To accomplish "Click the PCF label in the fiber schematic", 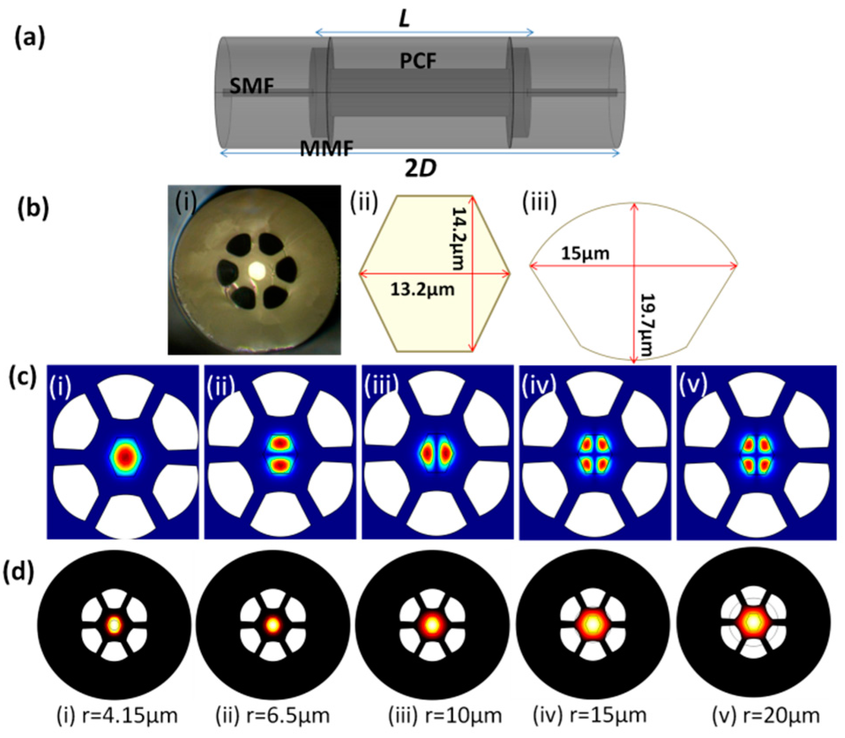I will point(417,61).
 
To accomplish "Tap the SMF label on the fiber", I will point(251,86).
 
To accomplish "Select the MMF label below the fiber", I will point(326,148).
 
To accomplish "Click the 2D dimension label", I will point(421,168).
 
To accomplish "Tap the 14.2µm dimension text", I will point(458,238).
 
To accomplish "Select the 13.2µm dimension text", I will point(422,290).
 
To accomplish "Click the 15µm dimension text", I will point(585,254).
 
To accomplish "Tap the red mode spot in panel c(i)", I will point(125,457).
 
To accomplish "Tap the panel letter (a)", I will point(30,39).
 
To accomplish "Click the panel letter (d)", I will point(18,573).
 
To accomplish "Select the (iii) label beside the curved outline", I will point(539,203).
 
